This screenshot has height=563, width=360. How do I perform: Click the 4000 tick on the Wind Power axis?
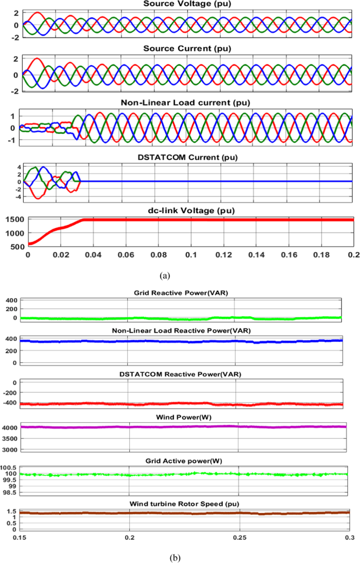tap(12, 428)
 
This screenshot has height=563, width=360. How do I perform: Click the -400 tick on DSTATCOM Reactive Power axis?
tap(10, 403)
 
